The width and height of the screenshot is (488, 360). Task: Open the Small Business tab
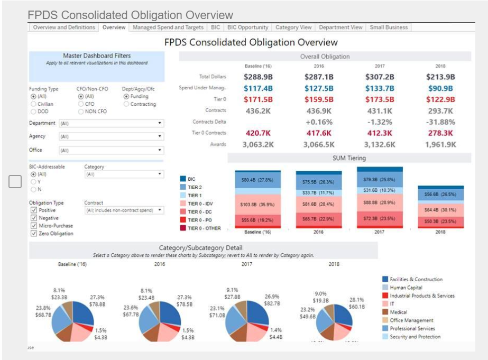389,27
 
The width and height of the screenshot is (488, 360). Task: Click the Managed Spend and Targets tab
168,27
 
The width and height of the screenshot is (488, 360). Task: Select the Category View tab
293,27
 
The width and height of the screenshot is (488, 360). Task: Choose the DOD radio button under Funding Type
33,112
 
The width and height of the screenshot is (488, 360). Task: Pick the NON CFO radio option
81,112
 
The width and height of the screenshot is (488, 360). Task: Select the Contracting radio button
126,104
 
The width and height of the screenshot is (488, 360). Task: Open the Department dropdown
111,123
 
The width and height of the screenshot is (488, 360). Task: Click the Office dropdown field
111,151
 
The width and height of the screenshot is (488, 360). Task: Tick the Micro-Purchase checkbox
34,226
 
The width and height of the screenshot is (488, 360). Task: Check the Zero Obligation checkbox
34,233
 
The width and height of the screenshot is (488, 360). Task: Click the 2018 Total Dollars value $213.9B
441,77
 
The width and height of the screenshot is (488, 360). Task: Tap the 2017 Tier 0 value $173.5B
380,99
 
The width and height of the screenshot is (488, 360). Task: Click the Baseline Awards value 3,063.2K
258,144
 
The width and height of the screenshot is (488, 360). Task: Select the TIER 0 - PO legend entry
200,220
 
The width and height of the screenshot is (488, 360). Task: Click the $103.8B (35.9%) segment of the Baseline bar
258,204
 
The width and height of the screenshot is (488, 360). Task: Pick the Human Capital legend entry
406,288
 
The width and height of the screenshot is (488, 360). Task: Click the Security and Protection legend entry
415,337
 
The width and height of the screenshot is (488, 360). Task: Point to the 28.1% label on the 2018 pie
357,299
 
